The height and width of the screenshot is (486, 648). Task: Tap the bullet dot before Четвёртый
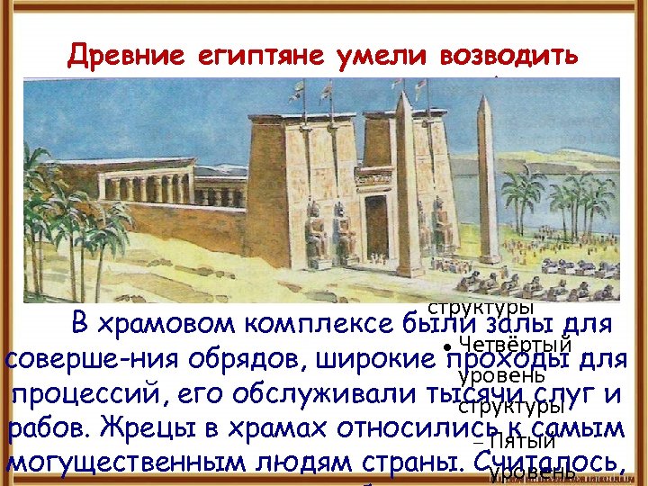(447, 346)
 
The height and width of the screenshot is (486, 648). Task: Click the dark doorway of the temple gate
(375, 225)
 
